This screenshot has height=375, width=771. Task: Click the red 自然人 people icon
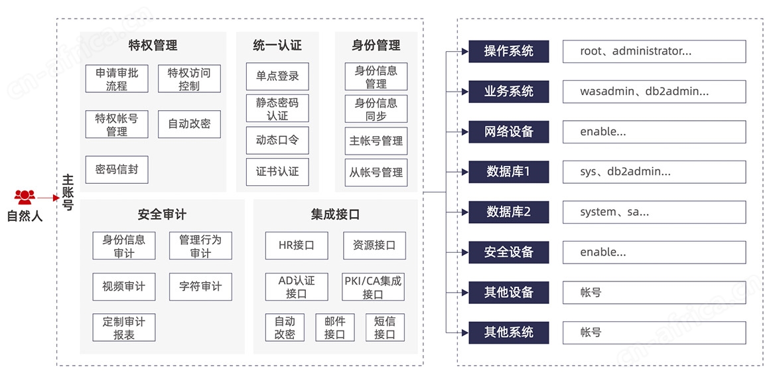coord(25,197)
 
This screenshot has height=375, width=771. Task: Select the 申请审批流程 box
coord(117,79)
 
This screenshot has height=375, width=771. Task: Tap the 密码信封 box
coord(117,170)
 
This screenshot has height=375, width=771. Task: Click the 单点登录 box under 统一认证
coord(277,76)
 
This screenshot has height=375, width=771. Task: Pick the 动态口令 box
coord(277,140)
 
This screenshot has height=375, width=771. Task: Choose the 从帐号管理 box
coord(376,173)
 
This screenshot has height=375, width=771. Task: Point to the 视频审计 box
coord(124,287)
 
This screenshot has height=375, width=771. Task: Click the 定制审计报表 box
coord(124,328)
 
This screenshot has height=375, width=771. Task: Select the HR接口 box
coord(297,246)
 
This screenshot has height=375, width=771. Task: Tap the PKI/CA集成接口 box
coord(373,287)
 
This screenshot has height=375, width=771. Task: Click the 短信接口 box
coord(385,328)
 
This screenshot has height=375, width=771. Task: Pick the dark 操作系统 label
coord(508,51)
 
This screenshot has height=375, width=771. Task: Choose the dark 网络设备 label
coord(508,132)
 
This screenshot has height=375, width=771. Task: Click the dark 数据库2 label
coord(508,212)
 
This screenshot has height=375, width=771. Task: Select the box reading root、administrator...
coord(654,51)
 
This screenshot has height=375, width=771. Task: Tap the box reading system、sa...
coord(654,212)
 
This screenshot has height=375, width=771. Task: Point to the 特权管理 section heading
coord(153,46)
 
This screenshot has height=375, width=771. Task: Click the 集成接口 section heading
coord(335,214)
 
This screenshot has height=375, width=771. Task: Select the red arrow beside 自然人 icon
coord(48,198)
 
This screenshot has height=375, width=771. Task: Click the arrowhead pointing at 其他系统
coord(464,333)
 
